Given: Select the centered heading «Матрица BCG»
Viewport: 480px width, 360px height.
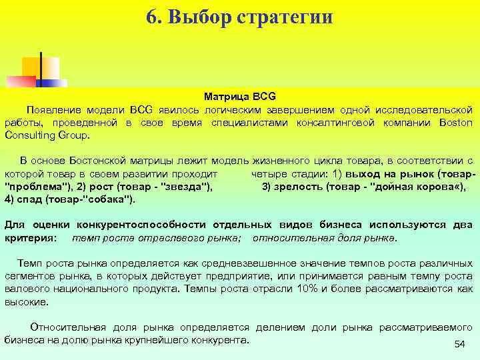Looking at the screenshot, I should coord(240,97).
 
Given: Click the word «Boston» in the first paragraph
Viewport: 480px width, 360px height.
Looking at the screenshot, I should coord(456,123).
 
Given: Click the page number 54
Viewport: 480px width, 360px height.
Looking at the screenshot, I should coord(459,343).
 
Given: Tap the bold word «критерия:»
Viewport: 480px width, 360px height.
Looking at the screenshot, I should coord(31,237).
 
